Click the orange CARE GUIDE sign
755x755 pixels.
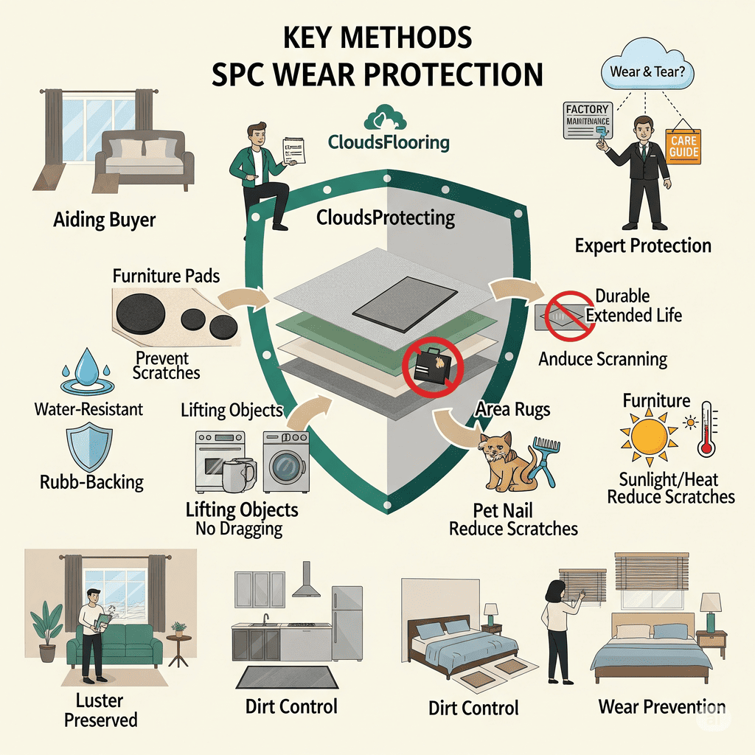682,145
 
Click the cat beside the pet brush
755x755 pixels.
507,461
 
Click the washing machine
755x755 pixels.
286,462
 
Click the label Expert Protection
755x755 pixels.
643,246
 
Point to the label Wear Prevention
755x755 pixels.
661,706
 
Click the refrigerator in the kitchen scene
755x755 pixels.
347,622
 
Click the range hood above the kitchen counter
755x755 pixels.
303,584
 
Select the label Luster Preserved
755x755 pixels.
100,709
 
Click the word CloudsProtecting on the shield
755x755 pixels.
386,218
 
